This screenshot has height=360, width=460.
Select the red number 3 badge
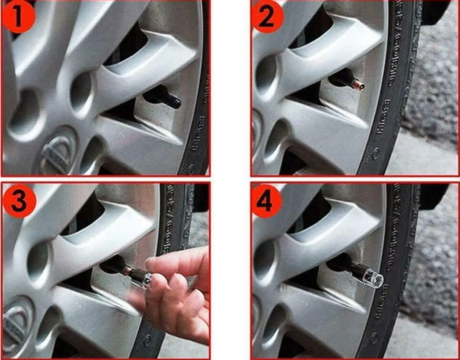19,200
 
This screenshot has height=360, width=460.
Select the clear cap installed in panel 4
372,277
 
